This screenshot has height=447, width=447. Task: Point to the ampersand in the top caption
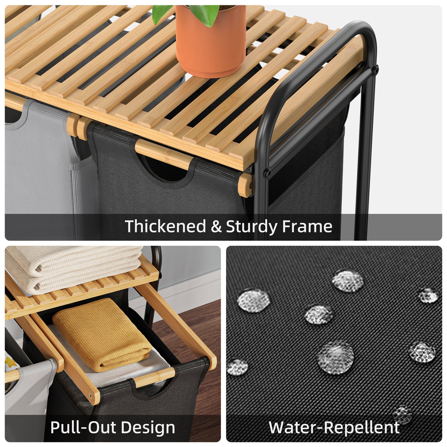pos(216,226)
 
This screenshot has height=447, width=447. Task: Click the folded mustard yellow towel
pos(102,334)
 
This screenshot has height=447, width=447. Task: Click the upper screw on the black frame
pos(376,70)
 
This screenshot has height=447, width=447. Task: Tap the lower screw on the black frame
pos(268,173)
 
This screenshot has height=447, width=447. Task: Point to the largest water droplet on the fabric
pos(335,358)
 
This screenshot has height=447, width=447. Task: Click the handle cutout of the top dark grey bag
pos(162,168)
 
